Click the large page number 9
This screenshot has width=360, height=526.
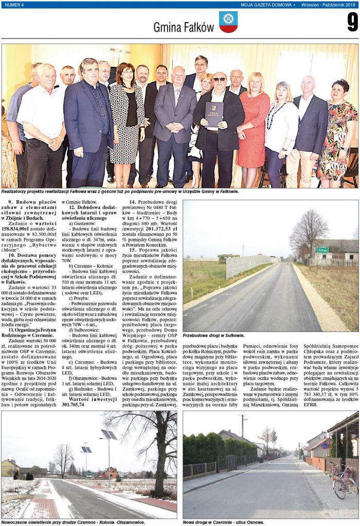point(352,22)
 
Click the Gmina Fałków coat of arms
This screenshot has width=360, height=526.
point(228,22)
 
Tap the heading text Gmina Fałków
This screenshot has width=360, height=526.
point(183,27)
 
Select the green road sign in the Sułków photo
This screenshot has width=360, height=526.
point(322,250)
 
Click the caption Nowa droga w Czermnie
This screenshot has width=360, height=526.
point(223,522)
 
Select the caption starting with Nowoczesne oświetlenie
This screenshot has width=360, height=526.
point(73,522)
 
